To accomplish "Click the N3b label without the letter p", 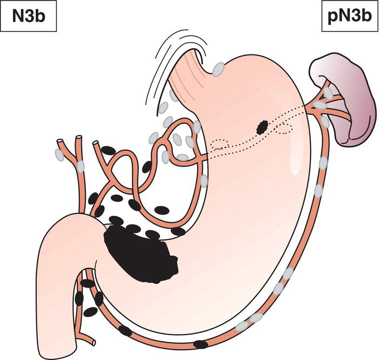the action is click(x=29, y=17).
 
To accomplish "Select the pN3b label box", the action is click(x=351, y=16).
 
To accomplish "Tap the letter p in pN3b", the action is click(x=332, y=18).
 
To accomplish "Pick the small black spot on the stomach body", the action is click(x=262, y=128).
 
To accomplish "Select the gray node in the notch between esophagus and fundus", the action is click(x=218, y=69).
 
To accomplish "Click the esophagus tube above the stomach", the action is click(x=188, y=73).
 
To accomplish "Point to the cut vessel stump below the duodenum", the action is click(x=93, y=343).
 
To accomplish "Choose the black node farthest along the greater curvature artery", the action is click(x=201, y=344).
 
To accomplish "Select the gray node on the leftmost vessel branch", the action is click(x=59, y=155).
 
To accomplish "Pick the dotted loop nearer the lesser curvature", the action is click(x=220, y=144).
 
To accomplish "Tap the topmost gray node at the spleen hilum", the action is click(x=328, y=93).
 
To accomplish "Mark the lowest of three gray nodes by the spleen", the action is click(x=325, y=122).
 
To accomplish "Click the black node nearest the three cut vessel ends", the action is click(x=108, y=151).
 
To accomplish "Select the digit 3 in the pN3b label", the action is click(x=356, y=17).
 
